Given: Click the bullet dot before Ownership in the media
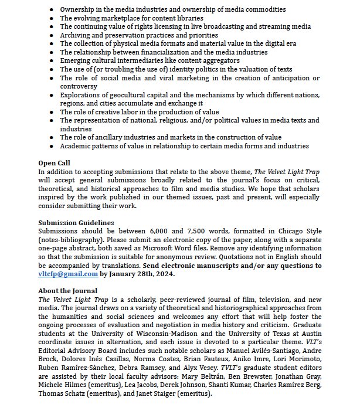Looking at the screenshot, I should [53, 9].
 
